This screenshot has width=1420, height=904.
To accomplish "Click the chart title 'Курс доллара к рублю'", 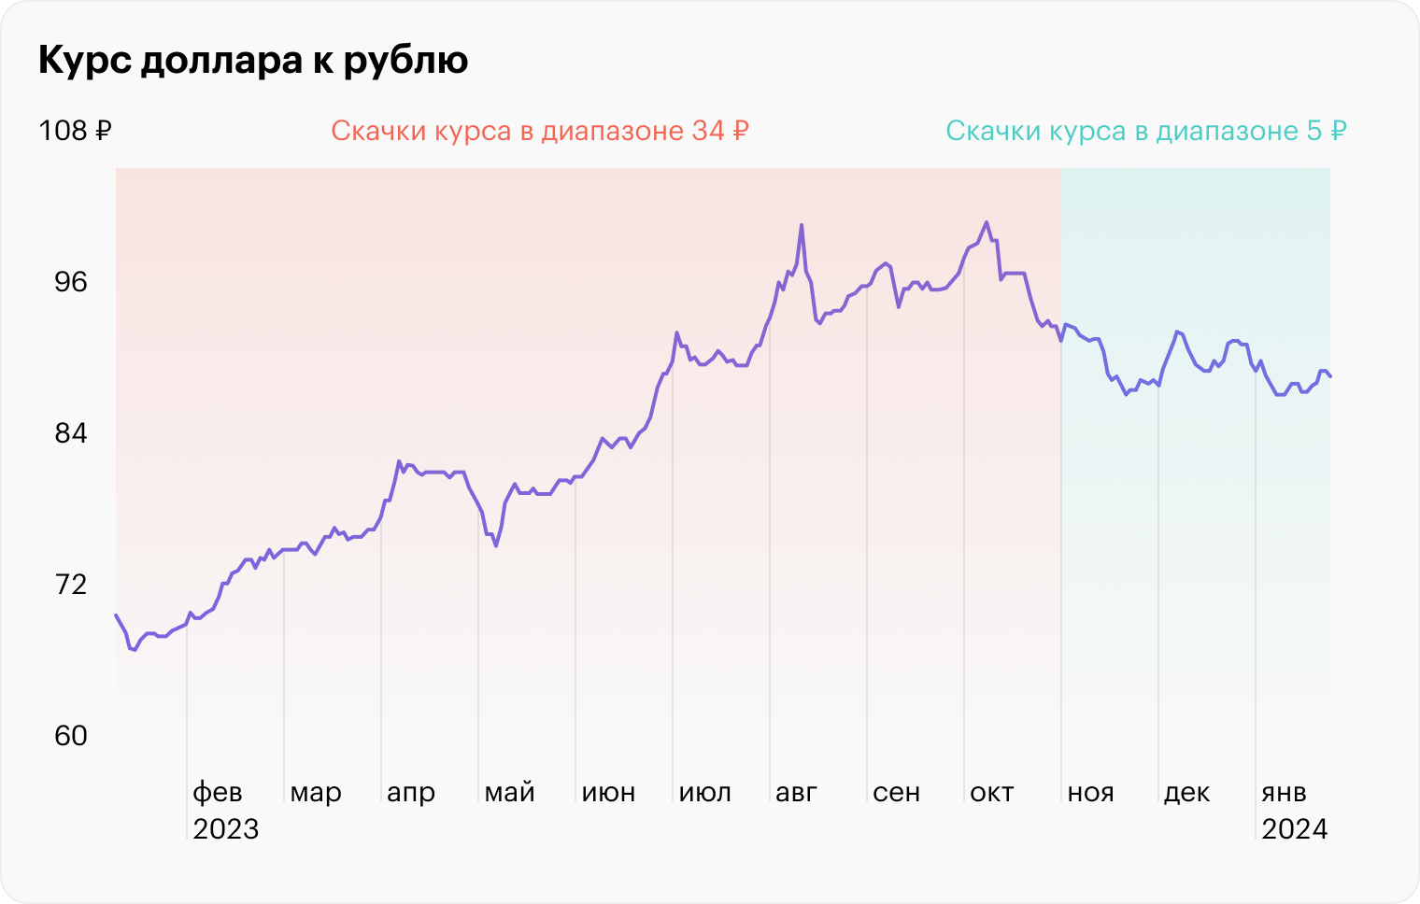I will tap(253, 61).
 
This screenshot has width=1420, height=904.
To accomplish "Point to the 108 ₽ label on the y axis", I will tap(75, 131).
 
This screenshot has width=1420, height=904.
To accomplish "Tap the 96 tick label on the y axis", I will tap(70, 282).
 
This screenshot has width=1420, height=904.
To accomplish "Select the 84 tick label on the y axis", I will tap(70, 433).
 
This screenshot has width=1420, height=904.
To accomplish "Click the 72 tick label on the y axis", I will tap(70, 585).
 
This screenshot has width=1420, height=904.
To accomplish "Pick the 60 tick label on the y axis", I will tap(70, 736).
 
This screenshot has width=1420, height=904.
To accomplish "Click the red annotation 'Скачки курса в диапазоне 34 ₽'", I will tap(540, 131).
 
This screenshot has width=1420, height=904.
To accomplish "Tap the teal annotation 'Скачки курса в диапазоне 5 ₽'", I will tap(1145, 131).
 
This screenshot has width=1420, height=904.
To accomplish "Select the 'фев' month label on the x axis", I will tap(218, 793).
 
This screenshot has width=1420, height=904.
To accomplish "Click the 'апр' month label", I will tap(411, 793).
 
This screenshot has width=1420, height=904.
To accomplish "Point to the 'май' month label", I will tap(509, 793).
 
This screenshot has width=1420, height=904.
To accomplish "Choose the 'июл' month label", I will tap(704, 793).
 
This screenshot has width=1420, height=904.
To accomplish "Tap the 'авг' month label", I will tap(796, 793).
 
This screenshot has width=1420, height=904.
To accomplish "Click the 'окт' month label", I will tap(991, 793).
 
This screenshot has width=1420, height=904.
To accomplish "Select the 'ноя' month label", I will tap(1090, 793).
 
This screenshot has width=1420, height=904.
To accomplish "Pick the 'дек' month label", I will tap(1186, 793).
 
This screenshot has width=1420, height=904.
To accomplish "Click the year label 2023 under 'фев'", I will tap(225, 829).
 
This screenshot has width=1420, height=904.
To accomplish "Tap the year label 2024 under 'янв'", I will tap(1294, 829).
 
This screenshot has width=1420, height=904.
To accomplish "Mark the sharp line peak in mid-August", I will tap(801, 225).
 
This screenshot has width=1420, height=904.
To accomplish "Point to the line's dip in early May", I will tap(495, 545).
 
